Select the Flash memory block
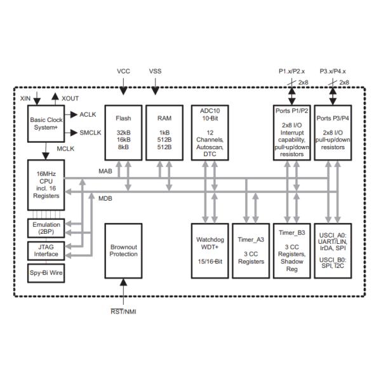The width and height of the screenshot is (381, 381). [123, 131]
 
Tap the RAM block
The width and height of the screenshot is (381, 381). [164, 131]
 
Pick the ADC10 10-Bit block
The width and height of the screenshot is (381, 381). [206, 131]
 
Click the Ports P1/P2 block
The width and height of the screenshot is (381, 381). [292, 131]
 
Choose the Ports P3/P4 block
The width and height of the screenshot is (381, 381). [333, 131]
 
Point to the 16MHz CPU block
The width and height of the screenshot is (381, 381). [46, 185]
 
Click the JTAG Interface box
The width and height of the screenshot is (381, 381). [46, 250]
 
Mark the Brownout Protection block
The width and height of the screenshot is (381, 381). [123, 250]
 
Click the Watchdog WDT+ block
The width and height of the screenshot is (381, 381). [206, 250]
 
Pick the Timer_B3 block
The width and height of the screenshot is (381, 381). [292, 250]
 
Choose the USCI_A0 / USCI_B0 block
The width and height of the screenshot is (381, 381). [333, 250]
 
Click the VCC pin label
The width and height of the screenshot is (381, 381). [123, 71]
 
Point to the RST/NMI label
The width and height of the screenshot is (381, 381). [123, 311]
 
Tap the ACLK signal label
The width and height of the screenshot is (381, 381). [88, 114]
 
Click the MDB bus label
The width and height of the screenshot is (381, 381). [105, 199]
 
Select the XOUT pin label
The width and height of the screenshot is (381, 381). [70, 99]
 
